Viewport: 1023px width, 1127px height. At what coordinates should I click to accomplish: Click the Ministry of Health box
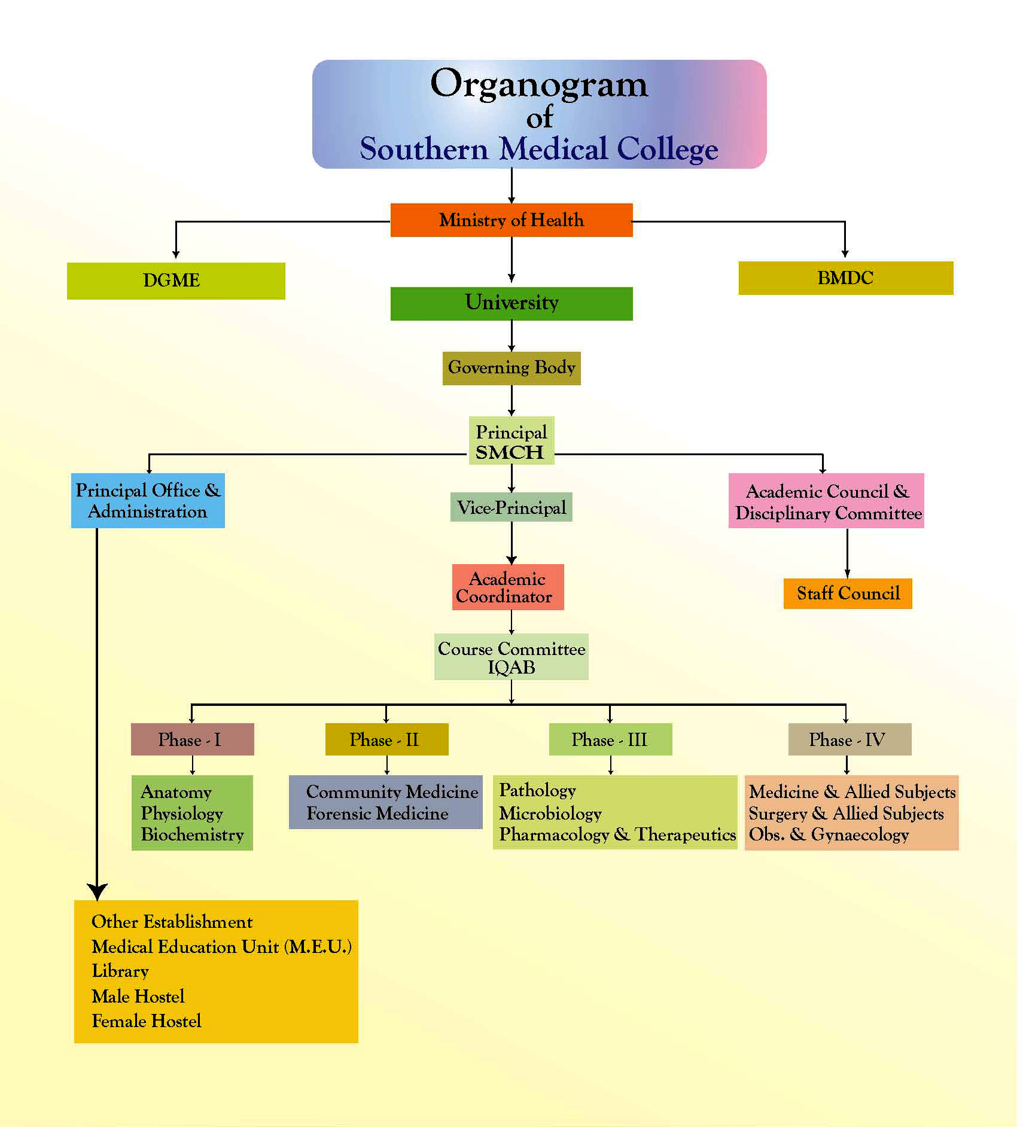(511, 220)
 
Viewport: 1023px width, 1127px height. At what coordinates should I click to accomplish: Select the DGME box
(175, 281)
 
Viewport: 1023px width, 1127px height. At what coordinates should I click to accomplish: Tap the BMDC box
(845, 278)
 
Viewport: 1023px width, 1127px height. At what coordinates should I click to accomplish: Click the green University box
(511, 303)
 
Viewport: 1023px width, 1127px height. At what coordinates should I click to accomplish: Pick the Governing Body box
(511, 368)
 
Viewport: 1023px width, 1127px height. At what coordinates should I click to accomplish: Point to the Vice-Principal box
(511, 507)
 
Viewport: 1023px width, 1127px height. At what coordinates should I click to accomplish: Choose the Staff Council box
(847, 593)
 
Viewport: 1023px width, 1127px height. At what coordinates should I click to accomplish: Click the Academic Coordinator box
(507, 587)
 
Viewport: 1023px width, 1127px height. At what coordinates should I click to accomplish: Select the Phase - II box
(386, 739)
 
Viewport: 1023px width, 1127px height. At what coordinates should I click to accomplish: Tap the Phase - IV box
(849, 739)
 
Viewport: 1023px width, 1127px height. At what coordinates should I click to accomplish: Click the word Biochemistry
(192, 834)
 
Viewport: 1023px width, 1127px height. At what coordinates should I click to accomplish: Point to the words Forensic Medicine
(377, 814)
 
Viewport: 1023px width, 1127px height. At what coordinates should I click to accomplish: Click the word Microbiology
(550, 814)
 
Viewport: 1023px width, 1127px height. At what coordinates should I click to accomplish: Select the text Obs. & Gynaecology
(829, 834)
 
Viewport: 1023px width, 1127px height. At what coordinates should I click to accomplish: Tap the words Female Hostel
(146, 1021)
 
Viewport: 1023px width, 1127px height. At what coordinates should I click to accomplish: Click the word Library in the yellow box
(120, 971)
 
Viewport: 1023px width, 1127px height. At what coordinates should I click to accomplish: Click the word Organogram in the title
(538, 84)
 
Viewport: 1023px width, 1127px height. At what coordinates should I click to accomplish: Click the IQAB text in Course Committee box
(511, 668)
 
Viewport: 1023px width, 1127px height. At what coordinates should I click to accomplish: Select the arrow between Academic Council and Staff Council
(847, 553)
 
